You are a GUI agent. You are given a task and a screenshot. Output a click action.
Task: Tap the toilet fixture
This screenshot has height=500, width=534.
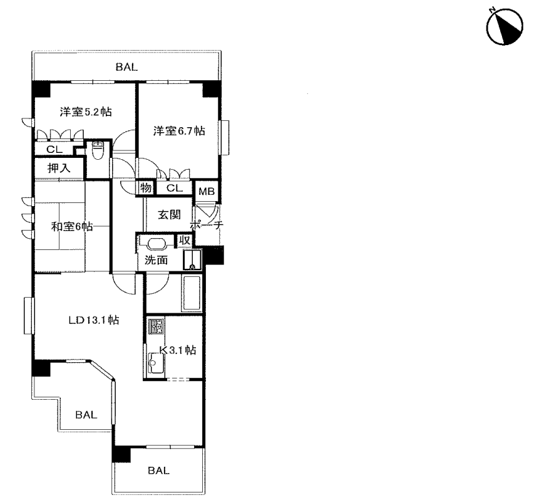(98, 150)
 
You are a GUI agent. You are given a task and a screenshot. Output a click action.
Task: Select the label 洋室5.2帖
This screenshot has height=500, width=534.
(86, 112)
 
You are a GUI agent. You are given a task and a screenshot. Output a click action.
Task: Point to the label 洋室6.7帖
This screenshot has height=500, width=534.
(179, 130)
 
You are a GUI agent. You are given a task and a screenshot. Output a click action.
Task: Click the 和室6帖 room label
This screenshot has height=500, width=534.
(72, 226)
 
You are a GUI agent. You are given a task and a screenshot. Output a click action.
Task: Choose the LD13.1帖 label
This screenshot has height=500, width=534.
(94, 320)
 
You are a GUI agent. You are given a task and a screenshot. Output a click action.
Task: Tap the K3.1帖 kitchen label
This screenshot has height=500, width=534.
(178, 350)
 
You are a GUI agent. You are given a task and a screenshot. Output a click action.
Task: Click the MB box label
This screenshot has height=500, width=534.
(207, 192)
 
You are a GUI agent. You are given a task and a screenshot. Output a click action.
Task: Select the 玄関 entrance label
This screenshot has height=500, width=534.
(169, 215)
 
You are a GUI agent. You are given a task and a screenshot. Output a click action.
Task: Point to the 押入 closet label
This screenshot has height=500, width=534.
(59, 168)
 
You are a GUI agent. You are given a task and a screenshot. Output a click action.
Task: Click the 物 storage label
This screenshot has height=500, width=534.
(146, 187)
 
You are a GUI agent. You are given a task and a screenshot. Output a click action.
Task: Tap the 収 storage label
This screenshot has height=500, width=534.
(185, 240)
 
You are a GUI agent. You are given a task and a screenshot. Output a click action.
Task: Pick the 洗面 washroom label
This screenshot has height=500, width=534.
(157, 260)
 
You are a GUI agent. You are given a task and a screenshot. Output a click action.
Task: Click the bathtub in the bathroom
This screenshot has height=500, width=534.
(192, 293)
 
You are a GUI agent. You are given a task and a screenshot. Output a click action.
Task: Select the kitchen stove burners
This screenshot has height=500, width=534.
(156, 326)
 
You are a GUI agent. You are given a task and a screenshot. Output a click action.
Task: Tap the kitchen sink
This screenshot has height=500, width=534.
(156, 363)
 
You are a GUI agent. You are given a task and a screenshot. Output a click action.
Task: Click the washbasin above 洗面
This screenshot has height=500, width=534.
(157, 245)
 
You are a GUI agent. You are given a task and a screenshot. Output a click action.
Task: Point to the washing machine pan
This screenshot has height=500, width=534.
(192, 260)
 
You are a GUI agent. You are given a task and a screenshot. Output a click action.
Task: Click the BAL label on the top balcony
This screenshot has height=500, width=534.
(126, 67)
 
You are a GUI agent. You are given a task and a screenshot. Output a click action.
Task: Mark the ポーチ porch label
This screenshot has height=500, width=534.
(207, 225)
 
